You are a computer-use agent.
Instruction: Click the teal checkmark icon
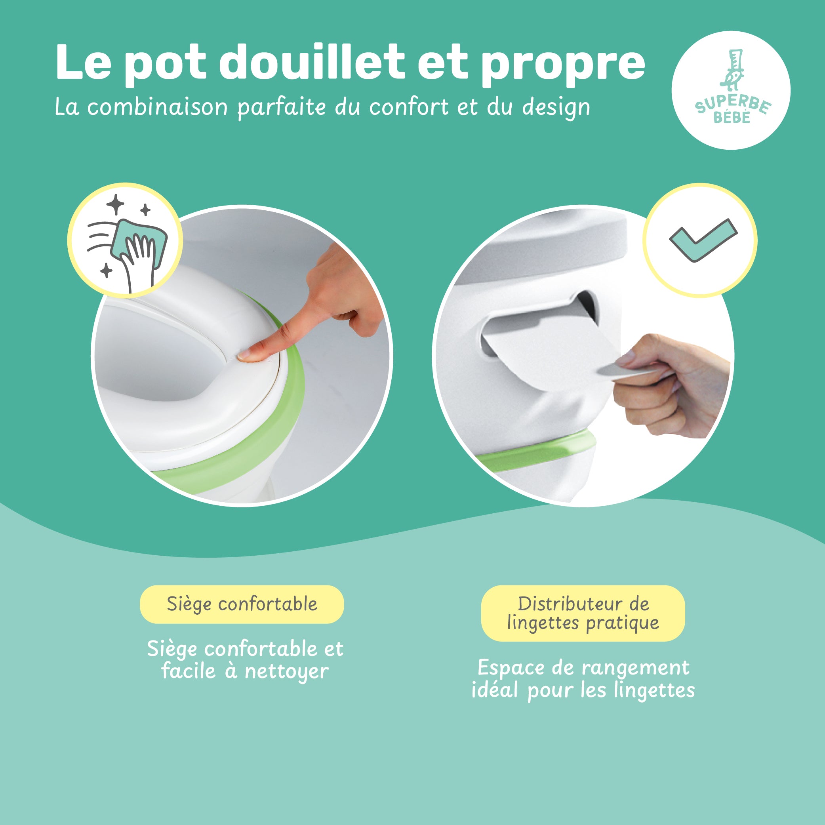703,240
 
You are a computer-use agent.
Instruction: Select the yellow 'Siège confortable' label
242,604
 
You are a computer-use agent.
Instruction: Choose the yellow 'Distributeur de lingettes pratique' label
583,613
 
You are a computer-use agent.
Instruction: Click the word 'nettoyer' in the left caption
286,672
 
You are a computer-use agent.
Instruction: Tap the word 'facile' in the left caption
188,671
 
